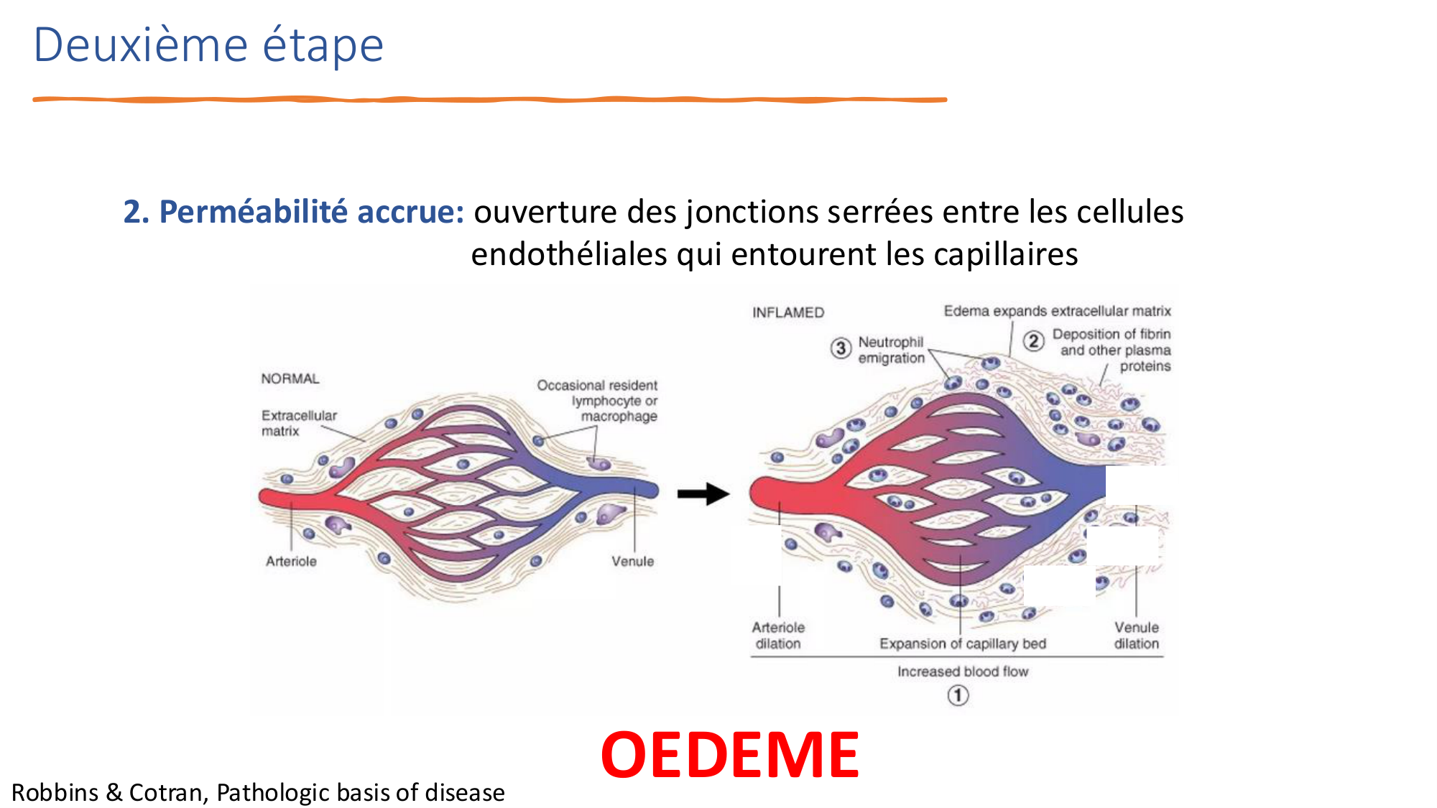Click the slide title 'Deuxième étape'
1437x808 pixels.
point(208,45)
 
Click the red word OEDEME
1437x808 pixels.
point(729,755)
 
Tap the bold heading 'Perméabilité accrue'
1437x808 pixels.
point(312,212)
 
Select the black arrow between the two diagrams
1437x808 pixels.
point(703,493)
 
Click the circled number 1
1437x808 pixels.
point(958,695)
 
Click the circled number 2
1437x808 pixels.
point(1033,340)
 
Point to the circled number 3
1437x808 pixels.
point(841,348)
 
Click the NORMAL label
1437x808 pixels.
point(290,379)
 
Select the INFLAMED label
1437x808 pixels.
point(788,312)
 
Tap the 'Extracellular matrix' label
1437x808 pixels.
point(299,423)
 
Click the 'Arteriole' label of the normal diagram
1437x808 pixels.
point(291,561)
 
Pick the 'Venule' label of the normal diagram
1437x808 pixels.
point(633,561)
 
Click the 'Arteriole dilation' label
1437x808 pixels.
point(778,636)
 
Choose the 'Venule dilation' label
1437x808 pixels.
point(1137,636)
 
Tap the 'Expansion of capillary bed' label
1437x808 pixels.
point(963,644)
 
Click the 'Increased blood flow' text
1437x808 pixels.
point(963,672)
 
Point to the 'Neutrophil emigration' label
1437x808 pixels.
point(891,350)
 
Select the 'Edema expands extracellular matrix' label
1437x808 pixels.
point(1058,311)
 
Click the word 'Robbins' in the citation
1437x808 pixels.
point(55,792)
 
